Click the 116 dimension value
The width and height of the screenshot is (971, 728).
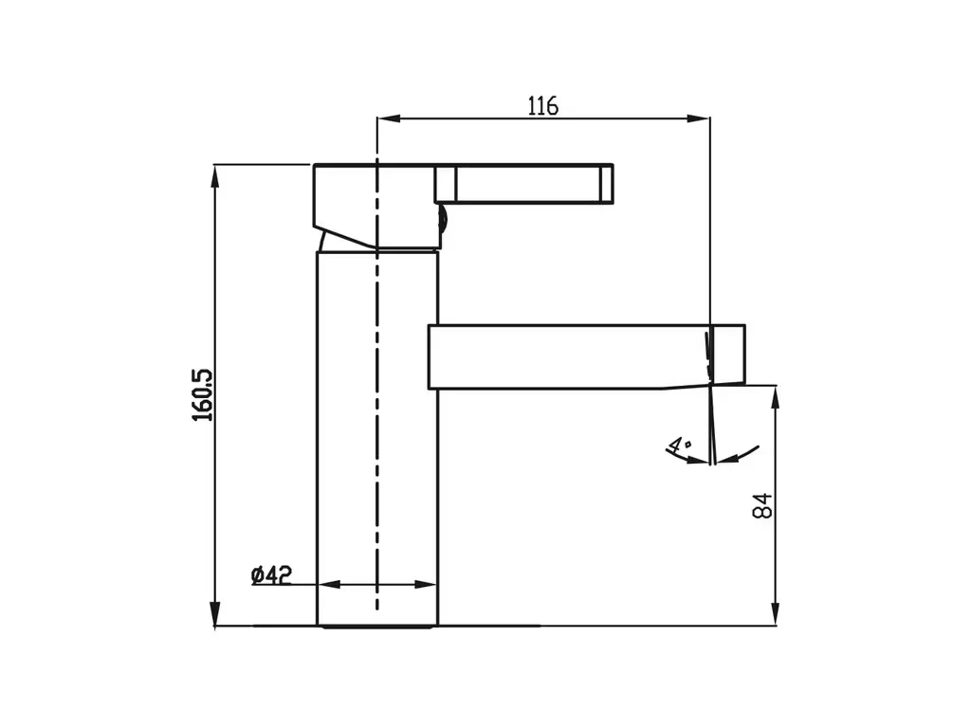pyautogui.click(x=542, y=106)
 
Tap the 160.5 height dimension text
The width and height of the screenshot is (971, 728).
pyautogui.click(x=202, y=395)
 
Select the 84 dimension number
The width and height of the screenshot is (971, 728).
pyautogui.click(x=763, y=505)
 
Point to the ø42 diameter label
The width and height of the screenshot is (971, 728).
pyautogui.click(x=271, y=575)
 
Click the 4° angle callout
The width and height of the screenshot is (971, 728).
pyautogui.click(x=679, y=444)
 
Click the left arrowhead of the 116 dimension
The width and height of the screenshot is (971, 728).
pyautogui.click(x=389, y=118)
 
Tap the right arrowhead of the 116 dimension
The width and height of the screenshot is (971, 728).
pyautogui.click(x=698, y=118)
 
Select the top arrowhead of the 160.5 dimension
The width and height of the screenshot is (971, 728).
pyautogui.click(x=215, y=176)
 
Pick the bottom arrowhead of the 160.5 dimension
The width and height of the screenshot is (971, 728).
pyautogui.click(x=215, y=614)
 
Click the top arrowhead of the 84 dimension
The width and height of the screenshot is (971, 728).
pyautogui.click(x=775, y=397)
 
